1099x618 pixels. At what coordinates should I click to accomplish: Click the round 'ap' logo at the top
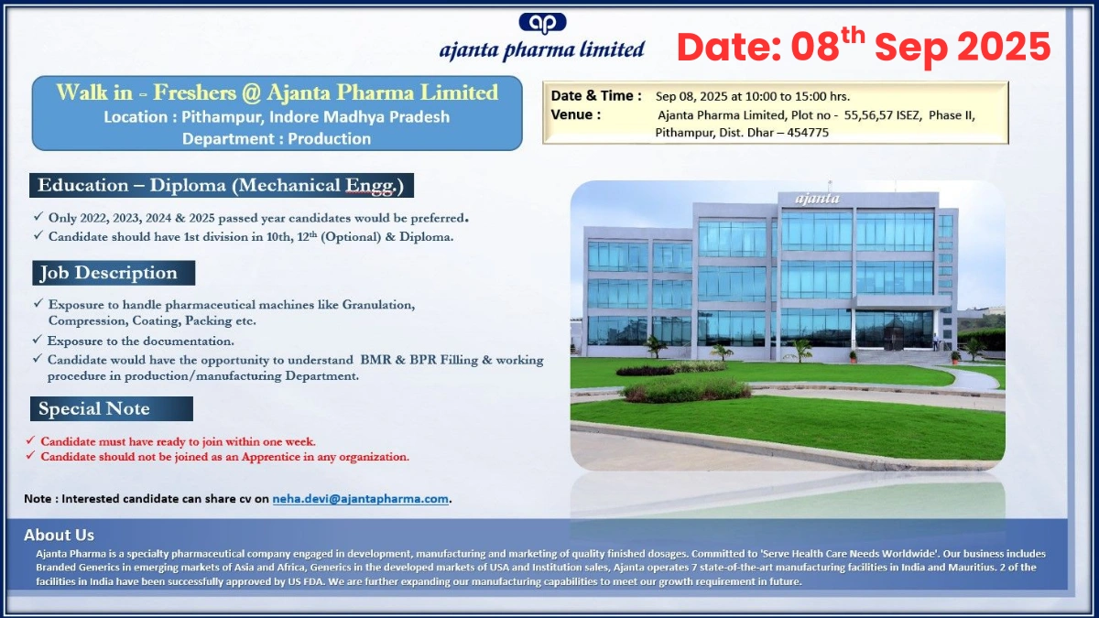(542, 22)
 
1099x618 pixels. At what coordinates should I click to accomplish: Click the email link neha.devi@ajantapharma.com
(361, 499)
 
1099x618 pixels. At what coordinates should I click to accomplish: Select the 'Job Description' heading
(108, 273)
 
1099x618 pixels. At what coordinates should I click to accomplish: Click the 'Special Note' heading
(94, 408)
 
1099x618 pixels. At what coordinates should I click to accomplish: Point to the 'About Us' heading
(59, 536)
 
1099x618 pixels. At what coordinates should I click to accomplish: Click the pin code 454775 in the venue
(807, 132)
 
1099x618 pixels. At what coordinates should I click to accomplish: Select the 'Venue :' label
(576, 114)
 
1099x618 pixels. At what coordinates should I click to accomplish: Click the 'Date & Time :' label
(596, 95)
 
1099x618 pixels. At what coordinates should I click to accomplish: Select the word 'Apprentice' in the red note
(248, 456)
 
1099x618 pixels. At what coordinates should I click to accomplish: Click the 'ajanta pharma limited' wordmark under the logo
(542, 49)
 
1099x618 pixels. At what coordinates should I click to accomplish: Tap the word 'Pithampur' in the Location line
(216, 117)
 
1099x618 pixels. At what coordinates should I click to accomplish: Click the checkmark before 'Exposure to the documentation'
(37, 341)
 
